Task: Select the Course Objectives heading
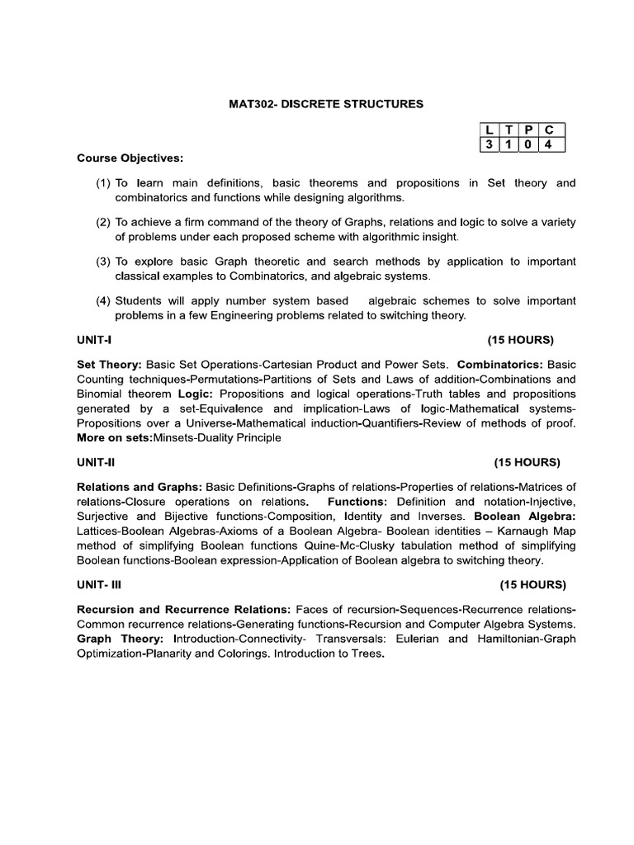[130, 158]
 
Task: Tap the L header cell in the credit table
[489, 130]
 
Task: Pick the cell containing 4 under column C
[549, 145]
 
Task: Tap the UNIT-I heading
[95, 340]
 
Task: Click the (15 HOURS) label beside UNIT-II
[527, 461]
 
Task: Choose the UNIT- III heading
[99, 584]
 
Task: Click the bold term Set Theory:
[110, 364]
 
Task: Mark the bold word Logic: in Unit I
[195, 394]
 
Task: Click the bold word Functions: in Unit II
[358, 501]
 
